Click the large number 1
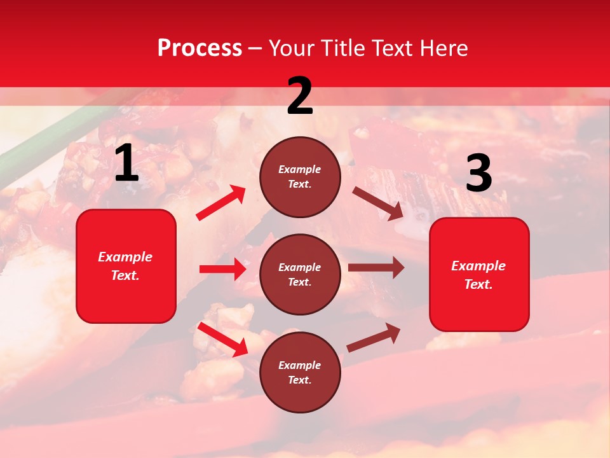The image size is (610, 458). pos(126,164)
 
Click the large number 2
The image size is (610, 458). pos(300,97)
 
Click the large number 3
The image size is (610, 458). pos(478,174)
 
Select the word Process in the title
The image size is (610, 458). pos(200,48)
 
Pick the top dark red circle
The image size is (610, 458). pos(300,177)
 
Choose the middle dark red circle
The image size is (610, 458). pos(300,274)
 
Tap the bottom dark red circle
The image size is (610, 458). pos(300,372)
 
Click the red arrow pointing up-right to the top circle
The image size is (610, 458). pos(221,203)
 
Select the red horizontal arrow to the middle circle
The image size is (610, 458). pos(222,269)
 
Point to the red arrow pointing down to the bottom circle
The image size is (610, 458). pos(223,339)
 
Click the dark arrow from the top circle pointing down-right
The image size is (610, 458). pos(378,204)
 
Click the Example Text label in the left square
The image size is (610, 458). pos(125,266)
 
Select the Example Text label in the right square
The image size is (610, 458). pos(478,275)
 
